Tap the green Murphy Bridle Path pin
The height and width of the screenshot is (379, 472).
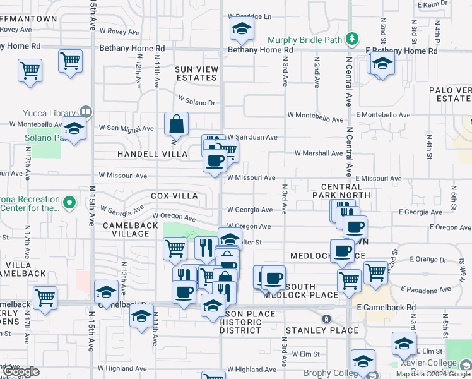[x=353, y=40]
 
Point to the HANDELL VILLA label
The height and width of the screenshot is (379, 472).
[x=152, y=154]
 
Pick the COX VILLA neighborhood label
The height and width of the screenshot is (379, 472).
[x=174, y=196]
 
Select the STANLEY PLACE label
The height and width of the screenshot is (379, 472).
[x=322, y=330]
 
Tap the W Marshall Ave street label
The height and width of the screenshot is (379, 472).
[x=319, y=153]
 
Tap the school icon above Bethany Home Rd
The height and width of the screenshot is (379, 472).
[x=240, y=28]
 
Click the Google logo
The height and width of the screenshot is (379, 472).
[x=21, y=372]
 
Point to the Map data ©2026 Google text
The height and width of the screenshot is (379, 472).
[x=433, y=374]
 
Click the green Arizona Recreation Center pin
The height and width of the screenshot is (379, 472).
[x=71, y=203]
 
